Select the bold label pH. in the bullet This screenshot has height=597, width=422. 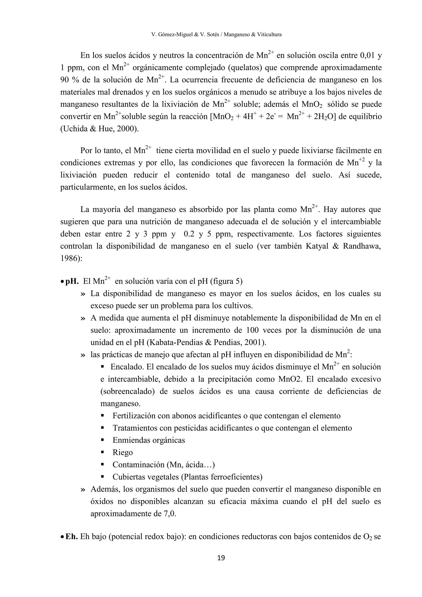click(x=72, y=281)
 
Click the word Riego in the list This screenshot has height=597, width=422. click(x=123, y=452)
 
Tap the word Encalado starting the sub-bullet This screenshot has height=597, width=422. click(x=127, y=367)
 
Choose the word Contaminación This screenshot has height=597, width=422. click(x=139, y=465)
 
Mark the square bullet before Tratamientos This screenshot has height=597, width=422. click(x=102, y=428)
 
